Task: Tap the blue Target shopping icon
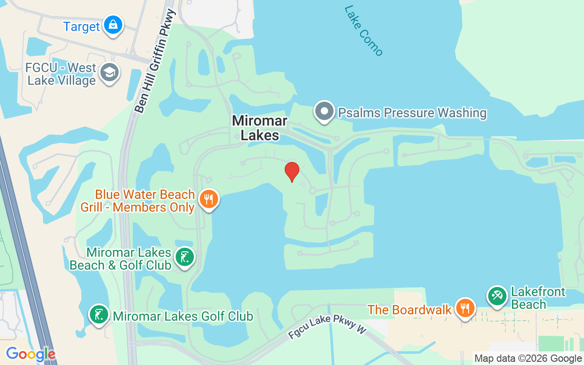click(x=113, y=25)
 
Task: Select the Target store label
click(x=81, y=26)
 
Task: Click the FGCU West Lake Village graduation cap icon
click(x=109, y=73)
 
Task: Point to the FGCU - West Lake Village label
click(x=61, y=74)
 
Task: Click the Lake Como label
click(x=364, y=31)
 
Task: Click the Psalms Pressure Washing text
click(x=412, y=113)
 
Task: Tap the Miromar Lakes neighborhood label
click(x=260, y=128)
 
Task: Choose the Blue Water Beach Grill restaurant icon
click(x=209, y=199)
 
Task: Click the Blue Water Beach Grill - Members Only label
click(x=138, y=201)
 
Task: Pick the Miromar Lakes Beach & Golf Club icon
click(x=184, y=257)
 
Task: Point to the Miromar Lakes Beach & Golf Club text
click(x=121, y=259)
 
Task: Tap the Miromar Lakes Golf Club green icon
click(x=99, y=314)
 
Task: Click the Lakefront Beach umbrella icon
click(x=496, y=296)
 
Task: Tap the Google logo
click(x=31, y=354)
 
